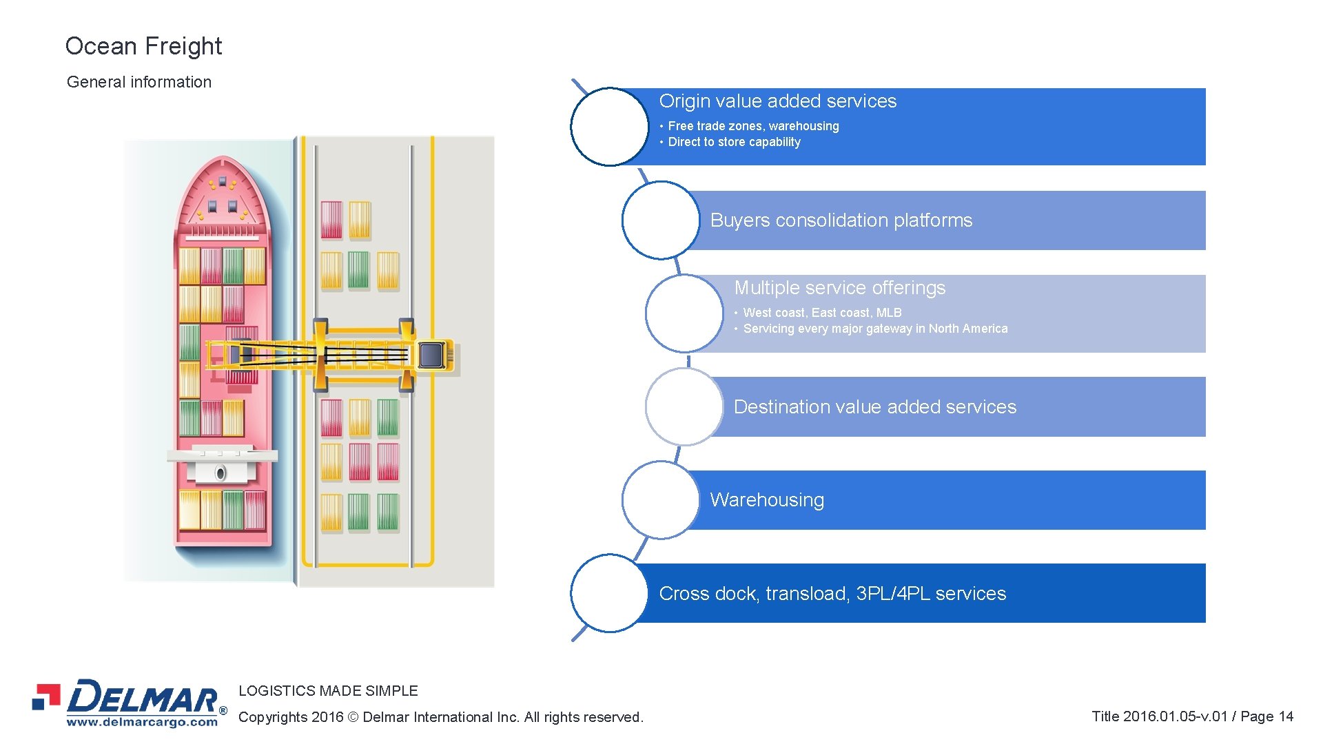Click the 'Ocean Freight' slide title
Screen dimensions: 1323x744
[x=143, y=46]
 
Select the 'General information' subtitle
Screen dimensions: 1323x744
[x=139, y=82]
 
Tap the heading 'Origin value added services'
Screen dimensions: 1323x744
[x=778, y=101]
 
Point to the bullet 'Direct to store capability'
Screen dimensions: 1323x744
[x=735, y=142]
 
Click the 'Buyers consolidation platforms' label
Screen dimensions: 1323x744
[x=841, y=220]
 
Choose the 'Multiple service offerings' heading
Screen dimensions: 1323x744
[x=840, y=288]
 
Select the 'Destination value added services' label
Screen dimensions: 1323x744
[x=875, y=407]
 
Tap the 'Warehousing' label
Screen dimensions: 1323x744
[x=767, y=500]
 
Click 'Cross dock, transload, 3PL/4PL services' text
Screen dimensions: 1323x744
[x=832, y=594]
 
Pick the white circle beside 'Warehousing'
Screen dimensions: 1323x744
[x=660, y=500]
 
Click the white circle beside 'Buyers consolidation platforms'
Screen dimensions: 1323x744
[x=660, y=220]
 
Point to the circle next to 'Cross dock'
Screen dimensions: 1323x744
[x=609, y=593]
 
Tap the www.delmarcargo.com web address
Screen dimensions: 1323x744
[x=142, y=722]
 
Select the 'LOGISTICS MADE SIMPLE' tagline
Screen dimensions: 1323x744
[x=328, y=691]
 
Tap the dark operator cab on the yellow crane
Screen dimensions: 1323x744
[x=432, y=355]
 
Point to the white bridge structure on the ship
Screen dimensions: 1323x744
[x=222, y=465]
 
